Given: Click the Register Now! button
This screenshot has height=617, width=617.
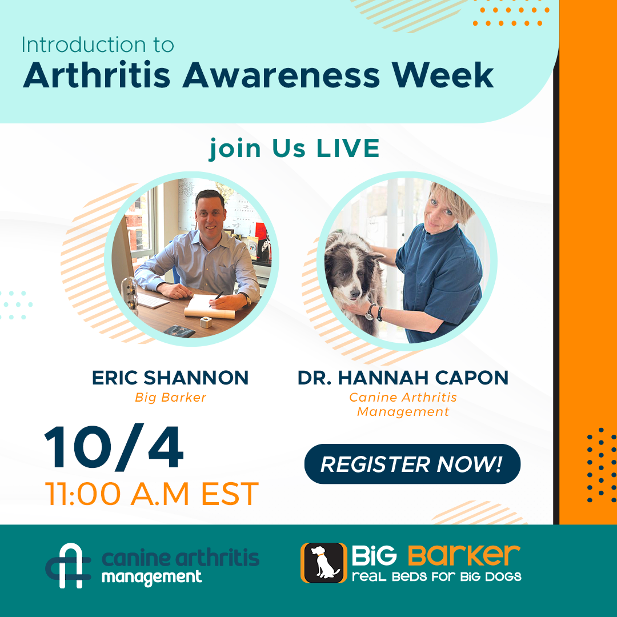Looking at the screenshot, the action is [412, 463].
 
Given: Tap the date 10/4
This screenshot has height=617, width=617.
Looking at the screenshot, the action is [114, 448].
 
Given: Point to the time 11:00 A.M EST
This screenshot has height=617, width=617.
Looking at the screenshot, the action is [151, 494].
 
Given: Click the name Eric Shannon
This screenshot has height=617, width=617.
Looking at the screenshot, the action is [170, 378].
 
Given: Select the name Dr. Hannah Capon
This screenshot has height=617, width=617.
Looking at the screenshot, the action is [403, 378].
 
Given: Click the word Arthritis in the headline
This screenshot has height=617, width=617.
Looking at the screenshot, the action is [97, 75].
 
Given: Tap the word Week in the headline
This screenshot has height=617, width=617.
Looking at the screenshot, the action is [443, 75].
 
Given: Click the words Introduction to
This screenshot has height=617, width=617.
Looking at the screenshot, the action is [98, 45].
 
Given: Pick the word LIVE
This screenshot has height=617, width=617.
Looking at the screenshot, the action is [348, 149].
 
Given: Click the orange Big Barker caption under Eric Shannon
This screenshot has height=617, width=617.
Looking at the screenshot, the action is [170, 398].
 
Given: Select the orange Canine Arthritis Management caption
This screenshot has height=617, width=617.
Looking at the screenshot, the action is [403, 404].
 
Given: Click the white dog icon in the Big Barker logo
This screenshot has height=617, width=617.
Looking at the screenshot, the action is [324, 563].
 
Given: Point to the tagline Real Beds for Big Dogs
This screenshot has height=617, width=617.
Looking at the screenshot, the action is [436, 577].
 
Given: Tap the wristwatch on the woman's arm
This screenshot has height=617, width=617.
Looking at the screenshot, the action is [370, 313].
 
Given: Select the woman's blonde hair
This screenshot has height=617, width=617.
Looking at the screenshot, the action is [455, 201].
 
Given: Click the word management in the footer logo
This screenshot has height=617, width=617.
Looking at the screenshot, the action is [151, 578].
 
